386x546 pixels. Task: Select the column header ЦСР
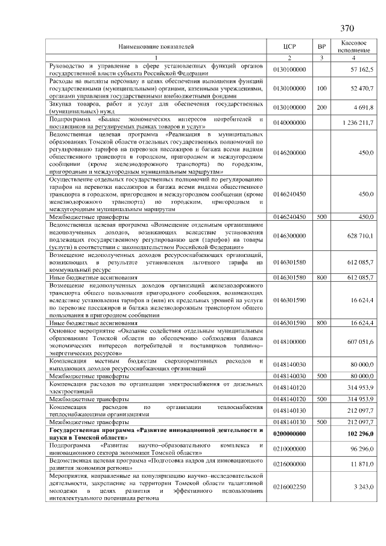tap(289, 47)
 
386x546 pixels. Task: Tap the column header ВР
tap(321, 47)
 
